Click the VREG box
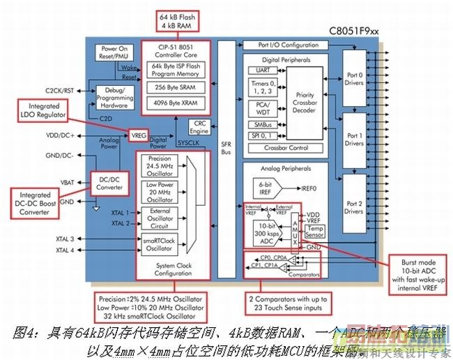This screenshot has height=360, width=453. (139, 134)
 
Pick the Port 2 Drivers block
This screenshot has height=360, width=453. (354, 207)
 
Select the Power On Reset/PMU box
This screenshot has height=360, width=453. (115, 52)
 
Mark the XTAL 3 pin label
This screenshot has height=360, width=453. (65, 239)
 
